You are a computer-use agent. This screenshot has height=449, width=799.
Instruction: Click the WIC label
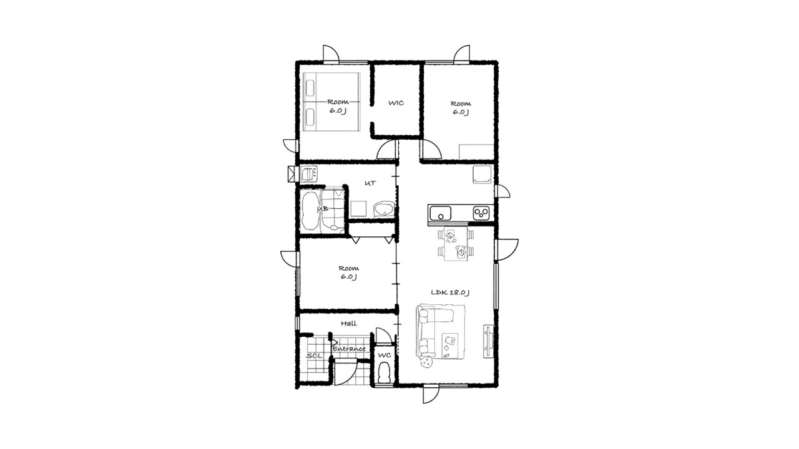[x=396, y=103]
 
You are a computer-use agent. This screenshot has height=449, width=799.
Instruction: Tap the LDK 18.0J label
[x=450, y=292]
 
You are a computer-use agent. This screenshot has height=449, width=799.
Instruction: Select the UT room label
[x=370, y=183]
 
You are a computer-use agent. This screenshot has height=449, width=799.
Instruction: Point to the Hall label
[x=348, y=324]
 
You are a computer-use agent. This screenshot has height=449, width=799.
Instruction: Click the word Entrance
[x=349, y=349]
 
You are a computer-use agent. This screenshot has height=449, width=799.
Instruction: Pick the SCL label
[x=314, y=355]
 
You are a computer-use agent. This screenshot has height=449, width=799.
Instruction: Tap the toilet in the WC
[x=384, y=373]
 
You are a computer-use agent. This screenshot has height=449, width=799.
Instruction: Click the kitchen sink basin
[x=441, y=213]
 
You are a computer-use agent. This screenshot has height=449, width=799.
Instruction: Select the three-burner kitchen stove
[x=481, y=213]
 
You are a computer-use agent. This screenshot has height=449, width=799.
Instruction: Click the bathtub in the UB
[x=310, y=211]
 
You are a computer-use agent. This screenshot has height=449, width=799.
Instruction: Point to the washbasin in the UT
[x=384, y=209]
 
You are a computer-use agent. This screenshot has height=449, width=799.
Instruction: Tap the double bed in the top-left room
[x=331, y=102]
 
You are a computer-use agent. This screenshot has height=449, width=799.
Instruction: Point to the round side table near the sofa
[x=426, y=362]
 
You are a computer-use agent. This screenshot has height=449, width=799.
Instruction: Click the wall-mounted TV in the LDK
[x=488, y=341]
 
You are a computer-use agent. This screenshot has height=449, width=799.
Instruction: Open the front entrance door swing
[x=346, y=372]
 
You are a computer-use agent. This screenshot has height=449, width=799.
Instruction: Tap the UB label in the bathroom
[x=323, y=208]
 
